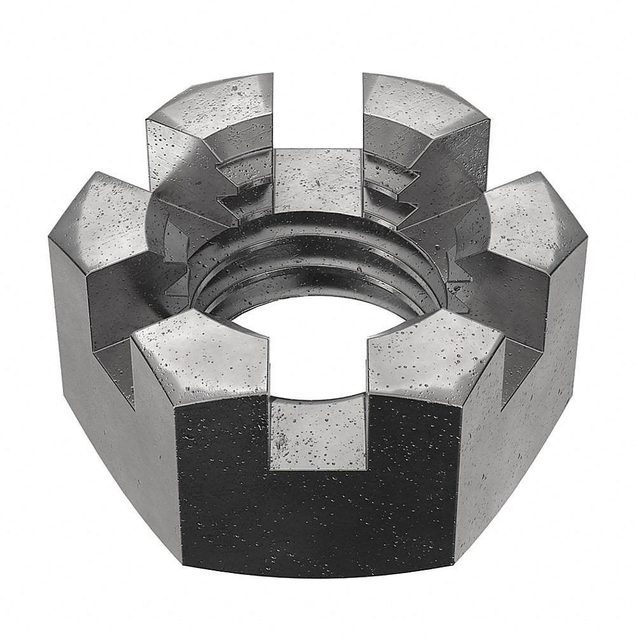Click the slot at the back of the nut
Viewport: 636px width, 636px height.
318,172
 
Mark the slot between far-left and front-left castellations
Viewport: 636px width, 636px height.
121,356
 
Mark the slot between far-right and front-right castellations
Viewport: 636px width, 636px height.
515,356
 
